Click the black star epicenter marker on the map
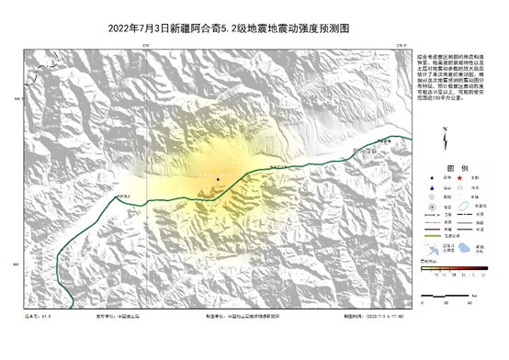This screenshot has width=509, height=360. (218, 179)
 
